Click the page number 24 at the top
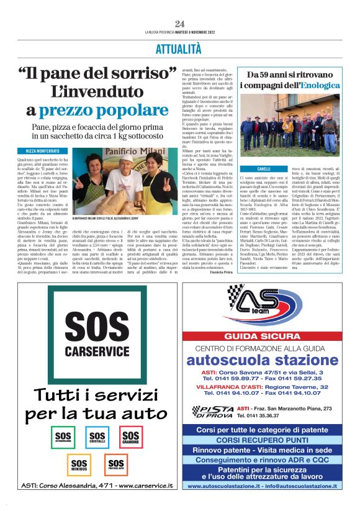click(x=180, y=24)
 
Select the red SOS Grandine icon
click(x=130, y=436)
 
